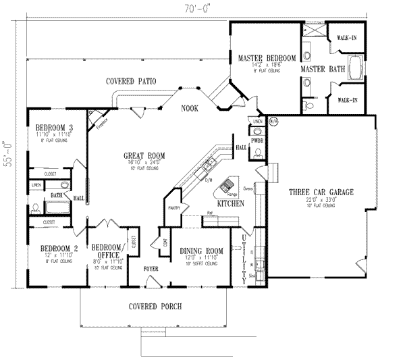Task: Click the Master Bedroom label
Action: pyautogui.click(x=267, y=59)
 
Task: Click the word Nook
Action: pyautogui.click(x=189, y=108)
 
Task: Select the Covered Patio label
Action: pyautogui.click(x=131, y=81)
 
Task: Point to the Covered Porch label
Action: pyautogui.click(x=155, y=306)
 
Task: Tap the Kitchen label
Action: pyautogui.click(x=230, y=203)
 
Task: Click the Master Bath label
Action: pyautogui.click(x=319, y=68)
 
